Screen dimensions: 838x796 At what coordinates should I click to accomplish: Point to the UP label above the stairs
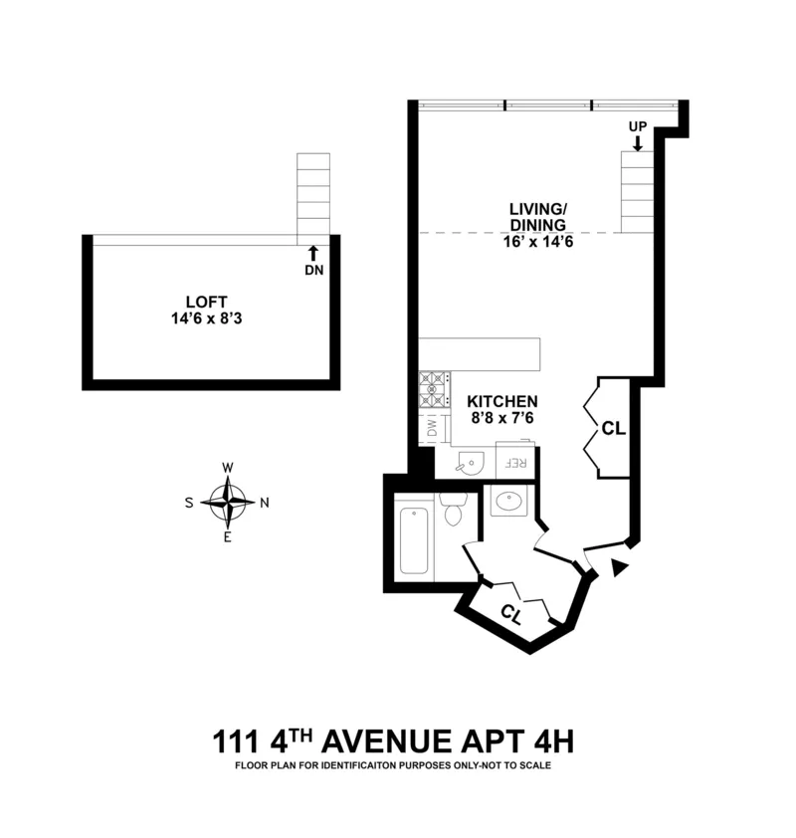tap(637, 126)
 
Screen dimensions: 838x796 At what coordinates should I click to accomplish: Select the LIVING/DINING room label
tap(537, 217)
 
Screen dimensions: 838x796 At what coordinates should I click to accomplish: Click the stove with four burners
tap(434, 389)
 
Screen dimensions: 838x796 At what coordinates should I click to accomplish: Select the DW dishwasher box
tap(433, 428)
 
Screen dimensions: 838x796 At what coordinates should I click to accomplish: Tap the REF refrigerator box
tap(515, 463)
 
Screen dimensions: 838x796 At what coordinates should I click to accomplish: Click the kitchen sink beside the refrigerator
tap(471, 461)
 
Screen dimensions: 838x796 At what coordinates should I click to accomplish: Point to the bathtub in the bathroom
tap(414, 540)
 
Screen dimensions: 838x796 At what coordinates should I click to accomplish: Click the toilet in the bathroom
tap(453, 511)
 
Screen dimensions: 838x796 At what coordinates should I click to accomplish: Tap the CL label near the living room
tap(613, 429)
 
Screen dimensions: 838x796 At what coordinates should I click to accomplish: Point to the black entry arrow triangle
tap(620, 567)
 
